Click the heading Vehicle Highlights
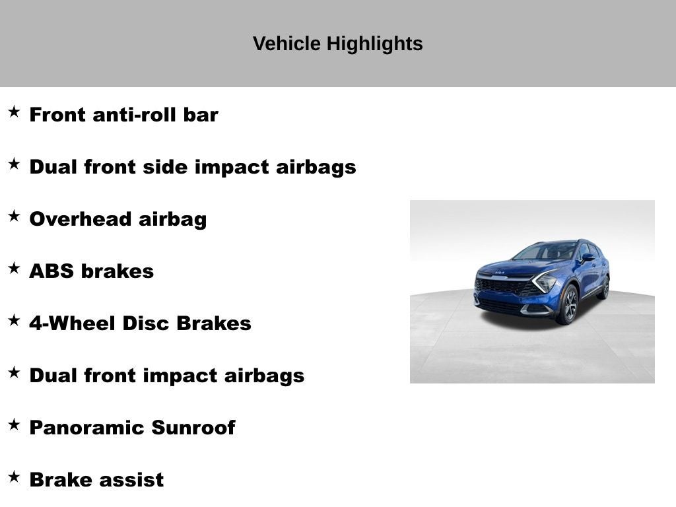pyautogui.click(x=337, y=44)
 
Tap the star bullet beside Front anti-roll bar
pyautogui.click(x=14, y=112)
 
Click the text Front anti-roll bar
pyautogui.click(x=123, y=115)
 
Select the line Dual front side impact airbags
pyautogui.click(x=192, y=167)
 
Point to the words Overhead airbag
pyautogui.click(x=118, y=219)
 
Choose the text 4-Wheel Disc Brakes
pyautogui.click(x=140, y=323)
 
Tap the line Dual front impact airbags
pyautogui.click(x=166, y=376)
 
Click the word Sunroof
pyautogui.click(x=193, y=428)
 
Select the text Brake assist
pyautogui.click(x=96, y=480)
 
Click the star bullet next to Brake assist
pyautogui.click(x=14, y=477)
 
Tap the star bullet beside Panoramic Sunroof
pyautogui.click(x=14, y=424)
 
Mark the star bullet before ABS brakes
pyautogui.click(x=14, y=268)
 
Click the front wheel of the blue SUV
pyautogui.click(x=568, y=304)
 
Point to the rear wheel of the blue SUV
pyautogui.click(x=604, y=288)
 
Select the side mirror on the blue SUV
pyautogui.click(x=587, y=257)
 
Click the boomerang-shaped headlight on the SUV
pyautogui.click(x=544, y=281)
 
